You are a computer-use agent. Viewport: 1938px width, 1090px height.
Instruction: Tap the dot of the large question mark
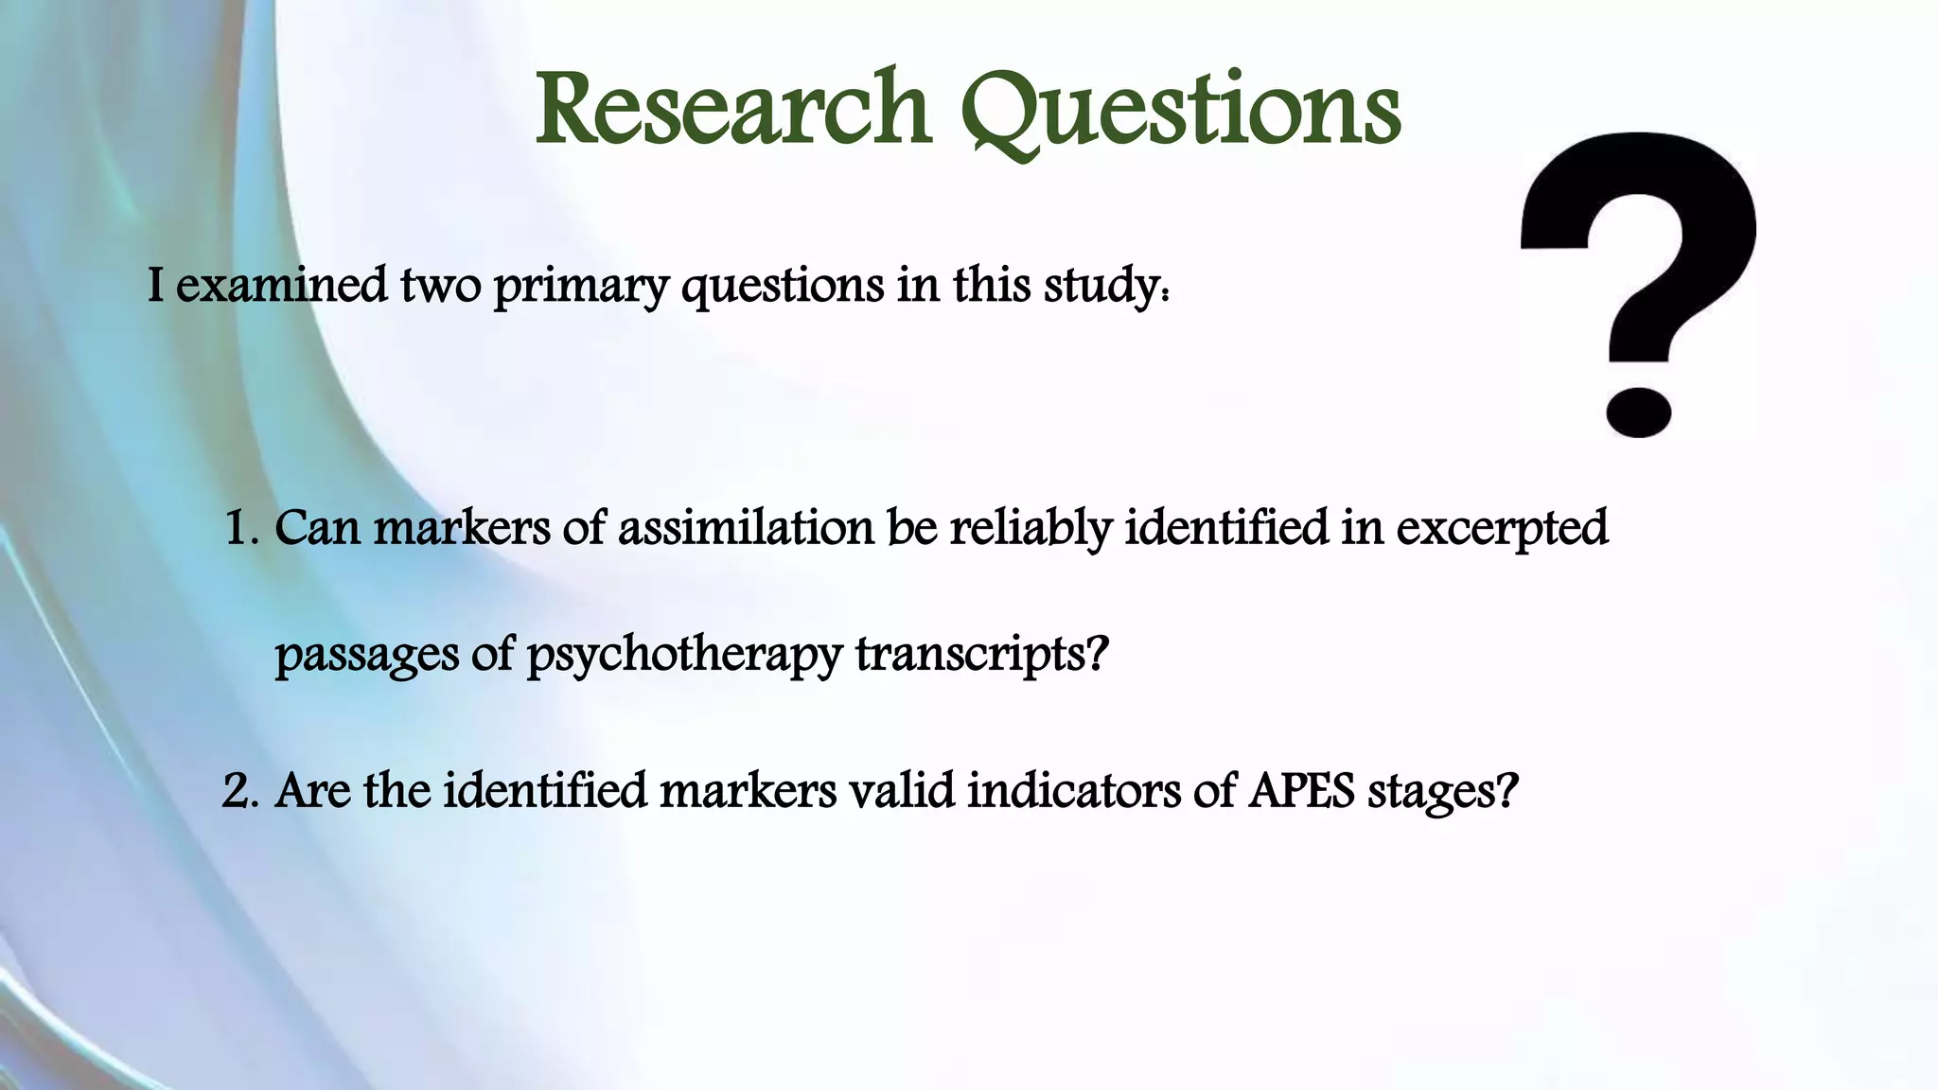tap(1638, 412)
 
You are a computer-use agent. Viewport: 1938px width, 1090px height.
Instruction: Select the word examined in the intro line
tap(281, 285)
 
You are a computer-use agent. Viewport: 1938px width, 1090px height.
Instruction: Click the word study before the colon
tap(1101, 287)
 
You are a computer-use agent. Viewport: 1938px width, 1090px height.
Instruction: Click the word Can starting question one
tap(317, 528)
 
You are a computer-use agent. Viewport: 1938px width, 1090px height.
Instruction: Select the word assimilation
tap(746, 528)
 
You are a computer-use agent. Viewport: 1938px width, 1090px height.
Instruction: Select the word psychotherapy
tap(683, 655)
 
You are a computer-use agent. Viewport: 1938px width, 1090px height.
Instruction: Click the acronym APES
tap(1300, 791)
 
